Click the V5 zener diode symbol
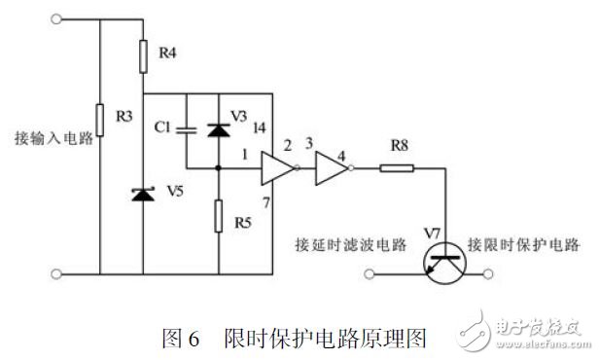coord(144,195)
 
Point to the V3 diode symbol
coord(218,128)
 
